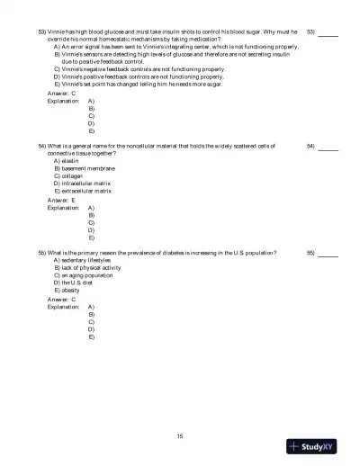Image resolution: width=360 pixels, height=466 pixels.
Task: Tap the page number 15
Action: point(180,435)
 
